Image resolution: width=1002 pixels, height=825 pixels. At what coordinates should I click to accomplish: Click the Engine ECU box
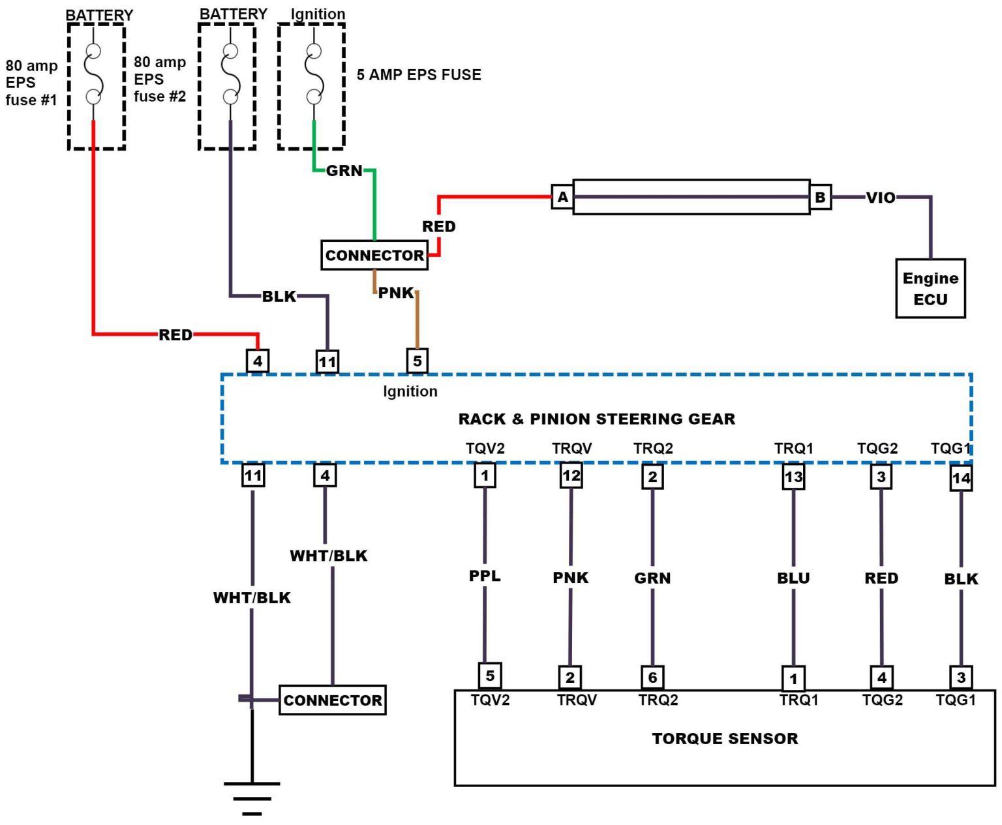pos(930,288)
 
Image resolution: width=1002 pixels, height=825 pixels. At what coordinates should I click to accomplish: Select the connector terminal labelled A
pos(562,197)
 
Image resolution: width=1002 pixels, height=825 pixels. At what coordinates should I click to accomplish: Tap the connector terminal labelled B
pos(820,197)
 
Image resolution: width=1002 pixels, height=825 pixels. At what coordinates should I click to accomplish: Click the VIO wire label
pos(881,198)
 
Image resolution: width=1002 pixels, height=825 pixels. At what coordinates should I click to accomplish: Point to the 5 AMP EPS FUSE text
pos(419,75)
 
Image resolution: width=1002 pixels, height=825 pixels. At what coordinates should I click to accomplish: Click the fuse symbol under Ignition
pos(314,74)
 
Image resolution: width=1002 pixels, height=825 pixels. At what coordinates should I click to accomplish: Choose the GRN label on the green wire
pos(344,171)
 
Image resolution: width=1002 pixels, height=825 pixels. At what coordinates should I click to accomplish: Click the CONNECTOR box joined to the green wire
pos(374,255)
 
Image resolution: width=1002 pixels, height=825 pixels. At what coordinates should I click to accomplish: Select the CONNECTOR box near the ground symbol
pos(333,700)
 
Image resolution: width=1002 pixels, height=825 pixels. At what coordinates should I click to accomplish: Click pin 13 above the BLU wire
pos(793,477)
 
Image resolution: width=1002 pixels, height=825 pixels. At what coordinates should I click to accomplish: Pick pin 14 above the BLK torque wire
pos(961,478)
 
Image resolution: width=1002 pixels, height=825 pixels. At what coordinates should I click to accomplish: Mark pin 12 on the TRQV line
pos(571,475)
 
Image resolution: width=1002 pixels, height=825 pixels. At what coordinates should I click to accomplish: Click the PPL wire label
pos(485,576)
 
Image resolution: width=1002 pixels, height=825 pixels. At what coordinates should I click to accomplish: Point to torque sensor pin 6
pos(652,678)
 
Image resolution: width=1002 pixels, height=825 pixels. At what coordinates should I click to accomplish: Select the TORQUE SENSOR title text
pos(725,738)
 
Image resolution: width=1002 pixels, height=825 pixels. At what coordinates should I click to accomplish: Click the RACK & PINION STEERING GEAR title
pos(596,419)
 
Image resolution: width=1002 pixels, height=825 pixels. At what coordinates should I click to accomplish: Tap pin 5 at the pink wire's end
pos(417,361)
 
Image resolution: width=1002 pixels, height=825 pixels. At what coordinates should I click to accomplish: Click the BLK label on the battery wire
pos(279,297)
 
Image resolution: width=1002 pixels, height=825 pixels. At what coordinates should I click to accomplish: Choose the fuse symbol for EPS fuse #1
pos(93,74)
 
